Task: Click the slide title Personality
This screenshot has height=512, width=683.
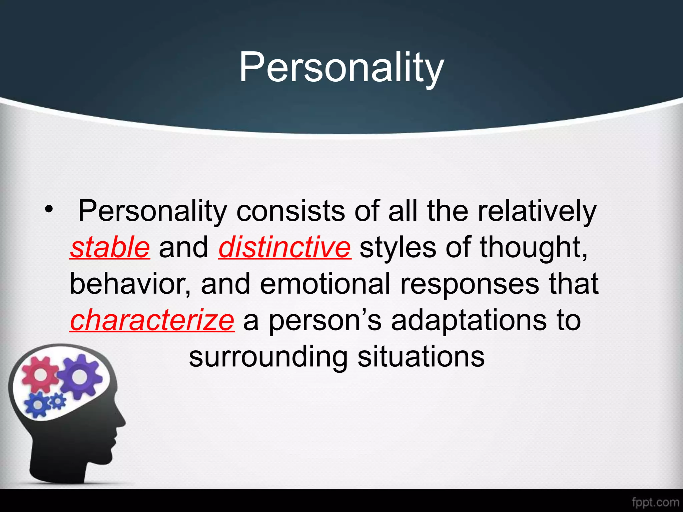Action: tap(341, 68)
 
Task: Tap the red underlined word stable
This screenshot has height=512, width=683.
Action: tap(110, 247)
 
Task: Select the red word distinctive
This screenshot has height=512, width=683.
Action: tap(284, 247)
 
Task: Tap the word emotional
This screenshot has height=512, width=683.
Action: tap(325, 284)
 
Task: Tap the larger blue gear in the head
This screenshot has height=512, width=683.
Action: tap(38, 404)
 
